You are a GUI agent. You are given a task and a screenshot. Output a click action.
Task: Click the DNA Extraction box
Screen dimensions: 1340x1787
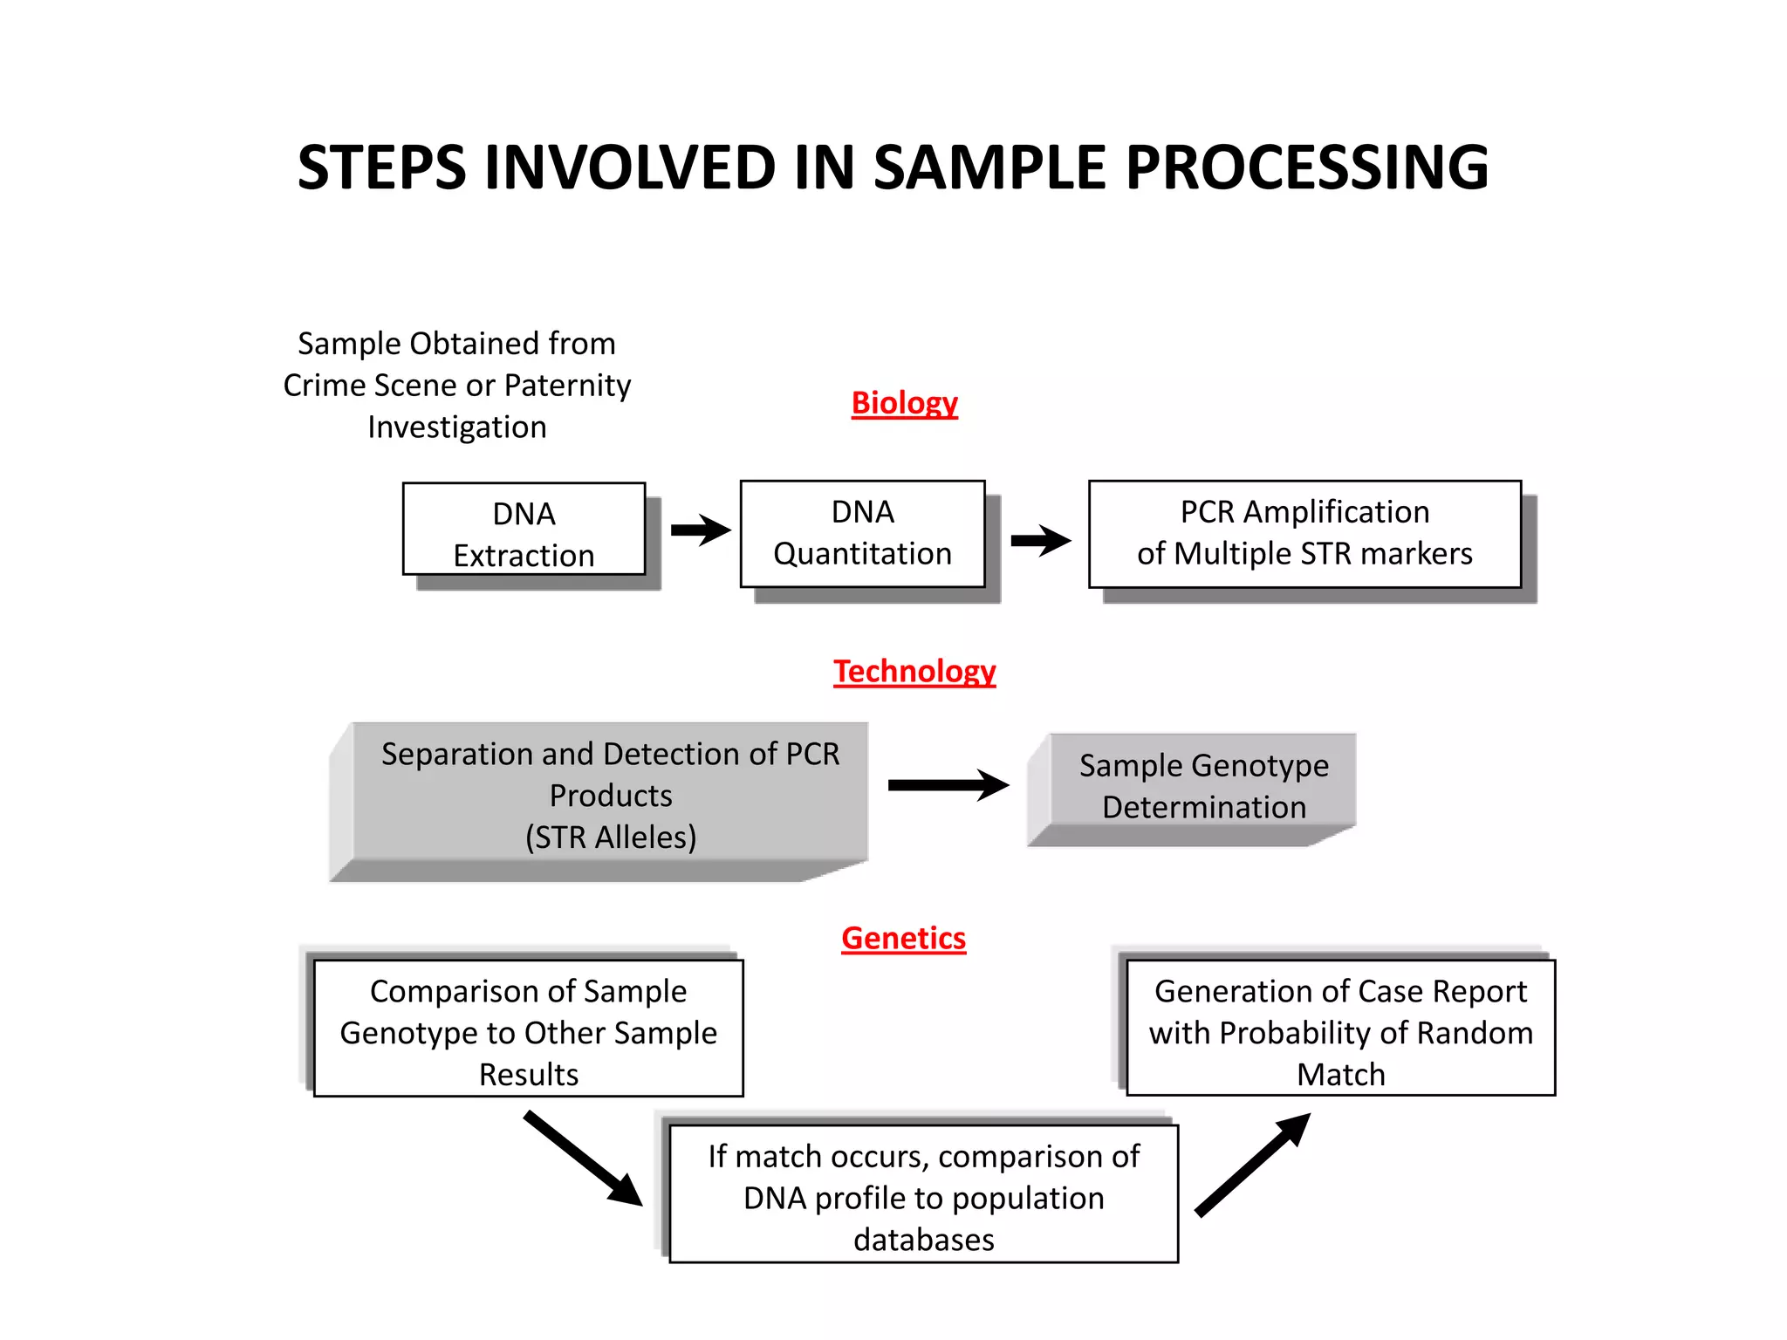pos(524,530)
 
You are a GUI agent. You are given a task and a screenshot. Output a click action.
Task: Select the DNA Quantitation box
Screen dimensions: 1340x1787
pos(862,533)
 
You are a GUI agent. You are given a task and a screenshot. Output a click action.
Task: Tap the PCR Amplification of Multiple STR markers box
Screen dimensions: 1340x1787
pos(1304,533)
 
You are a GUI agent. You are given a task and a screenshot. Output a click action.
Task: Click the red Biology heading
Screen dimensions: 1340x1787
pos(904,403)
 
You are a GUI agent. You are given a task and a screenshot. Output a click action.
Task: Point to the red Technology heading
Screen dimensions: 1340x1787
pos(914,671)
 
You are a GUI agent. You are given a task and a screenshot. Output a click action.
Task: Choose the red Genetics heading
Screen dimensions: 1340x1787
pos(903,939)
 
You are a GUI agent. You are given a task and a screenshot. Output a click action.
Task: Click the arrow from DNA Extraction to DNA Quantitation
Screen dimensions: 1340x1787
pos(700,530)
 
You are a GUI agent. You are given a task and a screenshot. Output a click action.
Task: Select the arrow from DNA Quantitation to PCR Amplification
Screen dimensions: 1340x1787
pos(1039,540)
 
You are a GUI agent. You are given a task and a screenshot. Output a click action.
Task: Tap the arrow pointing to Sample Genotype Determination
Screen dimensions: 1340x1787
pos(948,785)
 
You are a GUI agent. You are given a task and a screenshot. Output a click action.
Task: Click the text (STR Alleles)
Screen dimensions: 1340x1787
pos(610,837)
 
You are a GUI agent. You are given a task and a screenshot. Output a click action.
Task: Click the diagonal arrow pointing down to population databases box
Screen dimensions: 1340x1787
pos(583,1158)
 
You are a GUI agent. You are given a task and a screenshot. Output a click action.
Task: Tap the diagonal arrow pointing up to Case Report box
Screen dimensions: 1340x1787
pos(1252,1165)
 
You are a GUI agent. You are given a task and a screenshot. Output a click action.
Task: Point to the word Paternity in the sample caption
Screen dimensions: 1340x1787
pos(567,386)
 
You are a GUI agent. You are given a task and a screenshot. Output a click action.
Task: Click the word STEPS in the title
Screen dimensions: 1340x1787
pos(381,167)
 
